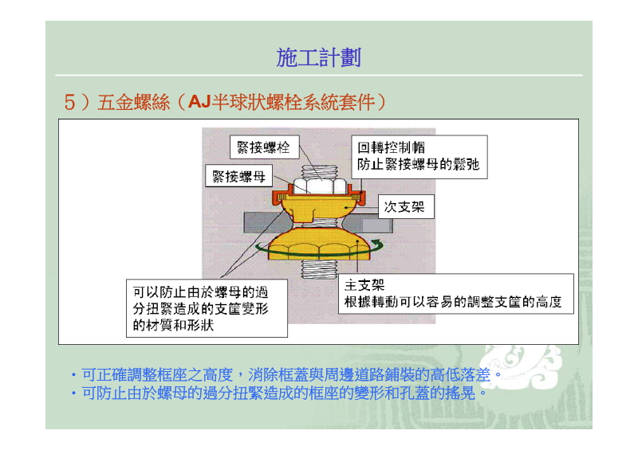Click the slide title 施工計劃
point(318,57)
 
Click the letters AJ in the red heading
point(199,102)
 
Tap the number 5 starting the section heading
point(69,102)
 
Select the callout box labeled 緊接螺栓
point(264,147)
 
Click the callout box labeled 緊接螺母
point(238,175)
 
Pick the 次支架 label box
point(406,207)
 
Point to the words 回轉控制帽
point(391,147)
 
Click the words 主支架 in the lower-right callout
point(364,285)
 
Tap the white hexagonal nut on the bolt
point(320,186)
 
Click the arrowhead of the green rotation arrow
point(378,245)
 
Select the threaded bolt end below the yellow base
point(319,269)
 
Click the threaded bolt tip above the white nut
point(320,171)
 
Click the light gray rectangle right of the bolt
point(377,225)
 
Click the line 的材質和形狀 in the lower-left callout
point(173,325)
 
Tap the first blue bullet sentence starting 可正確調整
point(291,374)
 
